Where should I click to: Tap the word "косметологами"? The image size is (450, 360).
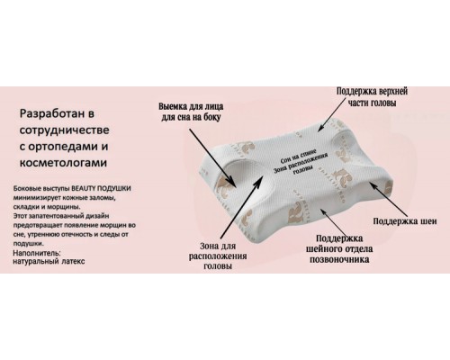(63, 163)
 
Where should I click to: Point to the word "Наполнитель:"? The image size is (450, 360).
(37, 253)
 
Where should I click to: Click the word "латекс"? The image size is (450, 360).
(73, 261)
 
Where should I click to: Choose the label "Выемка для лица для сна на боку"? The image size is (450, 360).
(191, 112)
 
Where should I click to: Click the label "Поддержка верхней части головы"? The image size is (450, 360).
(372, 97)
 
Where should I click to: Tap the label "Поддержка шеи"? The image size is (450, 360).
(405, 221)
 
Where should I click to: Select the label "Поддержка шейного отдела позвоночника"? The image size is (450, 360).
(339, 249)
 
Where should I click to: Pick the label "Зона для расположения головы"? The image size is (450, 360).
(218, 256)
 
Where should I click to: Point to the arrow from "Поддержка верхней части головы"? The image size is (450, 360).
(336, 114)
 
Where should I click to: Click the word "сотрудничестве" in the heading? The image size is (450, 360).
(64, 130)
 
